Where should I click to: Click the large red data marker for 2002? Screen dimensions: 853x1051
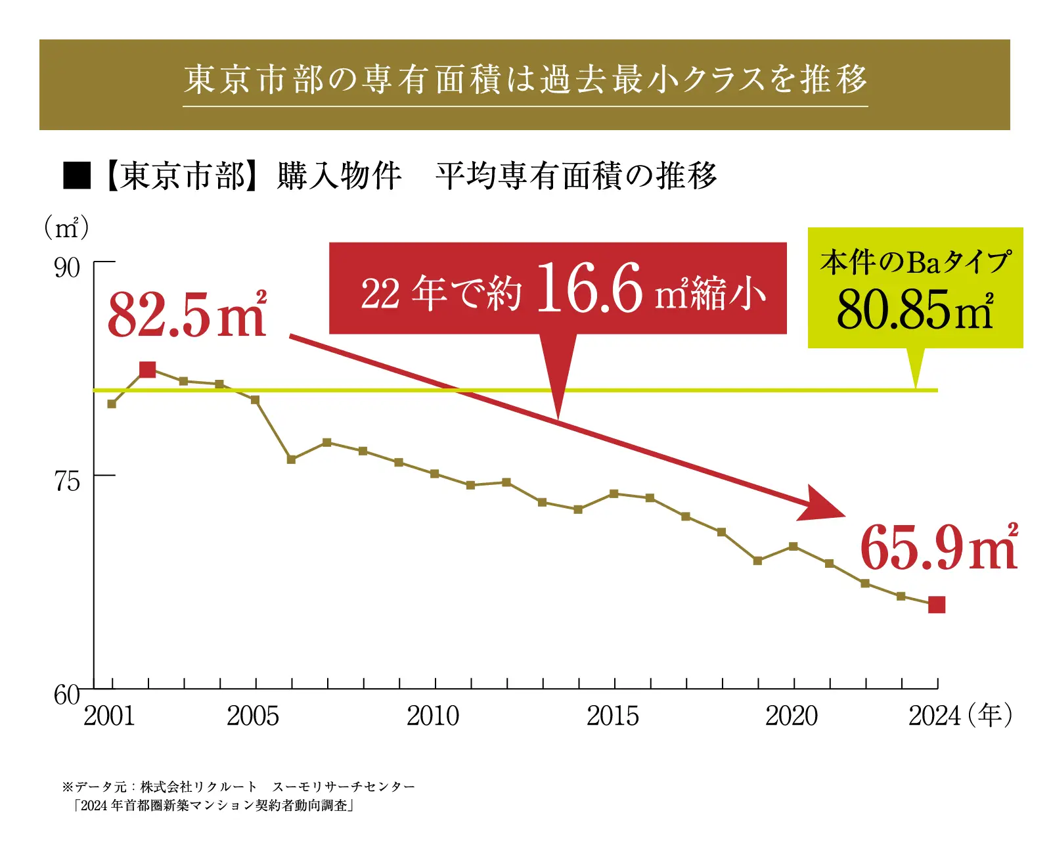[148, 370]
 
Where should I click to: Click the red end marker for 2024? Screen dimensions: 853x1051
[937, 605]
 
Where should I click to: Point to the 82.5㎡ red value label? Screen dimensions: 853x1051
[187, 315]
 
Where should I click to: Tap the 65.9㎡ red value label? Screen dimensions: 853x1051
[939, 547]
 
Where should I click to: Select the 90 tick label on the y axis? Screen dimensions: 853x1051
[67, 268]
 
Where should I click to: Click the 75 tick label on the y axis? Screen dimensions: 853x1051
[67, 482]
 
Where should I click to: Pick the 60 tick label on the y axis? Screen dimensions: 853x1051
[67, 695]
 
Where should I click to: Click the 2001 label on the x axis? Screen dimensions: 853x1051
[109, 716]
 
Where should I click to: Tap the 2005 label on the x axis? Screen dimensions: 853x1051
[253, 716]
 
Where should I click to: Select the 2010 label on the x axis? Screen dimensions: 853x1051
[433, 716]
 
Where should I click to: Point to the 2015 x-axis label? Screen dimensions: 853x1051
[612, 716]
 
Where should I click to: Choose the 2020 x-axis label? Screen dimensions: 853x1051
[792, 716]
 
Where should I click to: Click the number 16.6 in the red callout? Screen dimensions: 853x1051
[589, 288]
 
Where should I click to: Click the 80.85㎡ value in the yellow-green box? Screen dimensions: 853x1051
[914, 310]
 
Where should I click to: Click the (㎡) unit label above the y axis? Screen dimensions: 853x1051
[66, 228]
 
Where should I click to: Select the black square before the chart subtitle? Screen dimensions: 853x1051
[77, 175]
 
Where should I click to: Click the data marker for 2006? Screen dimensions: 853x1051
[292, 459]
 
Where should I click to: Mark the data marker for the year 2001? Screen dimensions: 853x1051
[112, 404]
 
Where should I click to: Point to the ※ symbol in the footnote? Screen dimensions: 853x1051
[68, 787]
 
